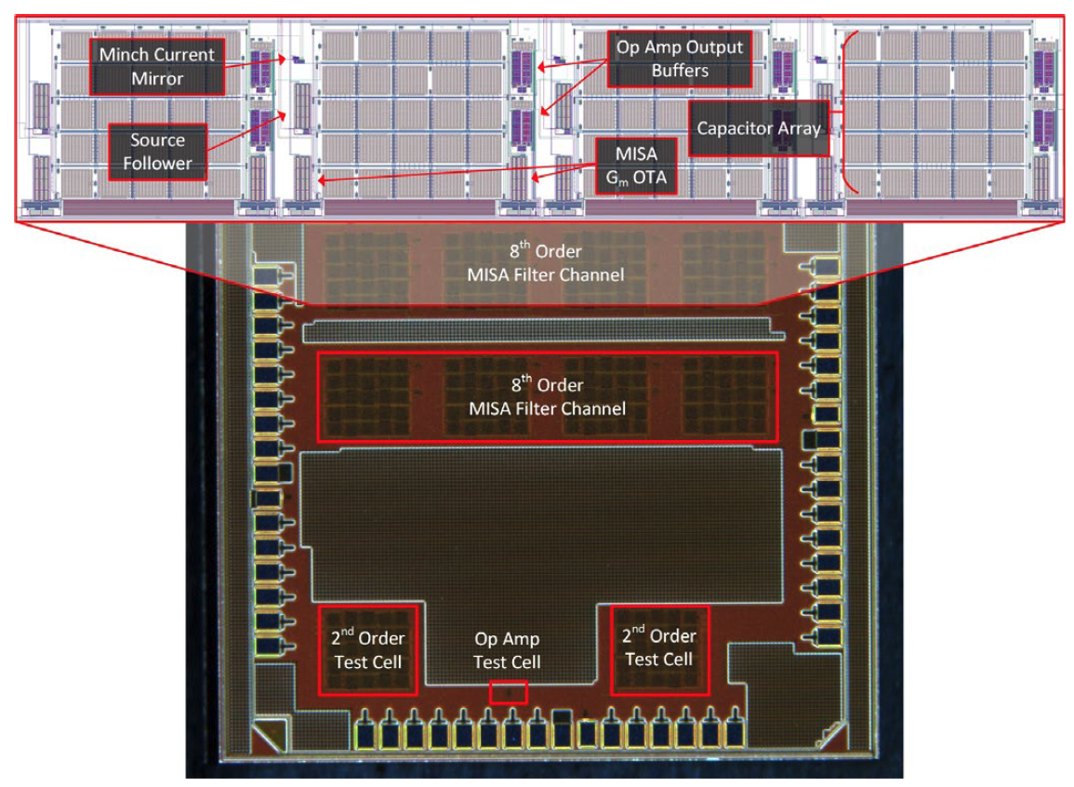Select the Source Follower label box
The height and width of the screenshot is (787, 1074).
point(157,152)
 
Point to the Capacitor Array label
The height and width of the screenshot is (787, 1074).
point(760,128)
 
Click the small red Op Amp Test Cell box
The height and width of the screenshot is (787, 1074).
point(508,691)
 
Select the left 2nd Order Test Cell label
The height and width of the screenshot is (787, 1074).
point(368,648)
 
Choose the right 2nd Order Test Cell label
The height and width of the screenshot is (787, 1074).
point(658,647)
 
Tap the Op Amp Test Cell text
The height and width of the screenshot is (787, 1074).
point(507,650)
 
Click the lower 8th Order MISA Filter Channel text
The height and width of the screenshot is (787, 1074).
point(546,396)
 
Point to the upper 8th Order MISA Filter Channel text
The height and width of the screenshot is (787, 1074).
point(546,263)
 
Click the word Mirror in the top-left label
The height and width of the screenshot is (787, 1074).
point(158,78)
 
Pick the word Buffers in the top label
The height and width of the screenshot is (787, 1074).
point(675,69)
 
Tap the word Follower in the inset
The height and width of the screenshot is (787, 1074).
point(157,163)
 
